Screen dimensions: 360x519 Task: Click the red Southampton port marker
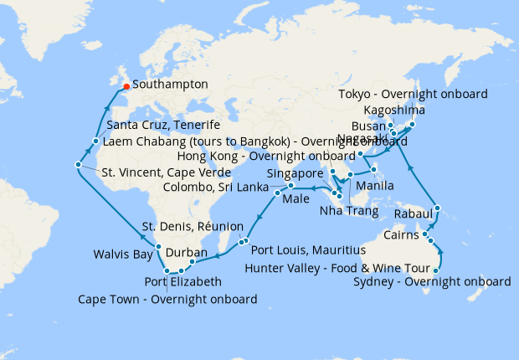[x=126, y=85]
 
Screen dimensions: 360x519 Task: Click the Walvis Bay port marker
[x=157, y=247]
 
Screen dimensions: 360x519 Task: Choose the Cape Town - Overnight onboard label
[x=167, y=299]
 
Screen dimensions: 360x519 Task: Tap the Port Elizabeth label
[x=182, y=281]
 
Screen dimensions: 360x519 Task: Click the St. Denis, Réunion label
[x=193, y=227]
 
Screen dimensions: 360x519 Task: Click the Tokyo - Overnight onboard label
[x=412, y=95]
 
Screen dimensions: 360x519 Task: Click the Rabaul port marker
[x=437, y=208]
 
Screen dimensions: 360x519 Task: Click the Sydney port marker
[x=436, y=270]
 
